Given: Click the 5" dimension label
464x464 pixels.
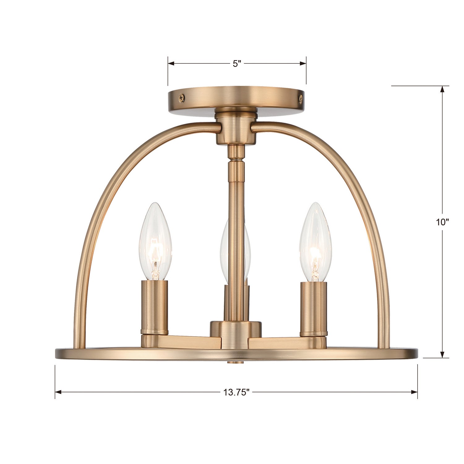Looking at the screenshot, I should [237, 64].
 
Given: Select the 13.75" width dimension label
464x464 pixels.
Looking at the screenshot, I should [237, 392].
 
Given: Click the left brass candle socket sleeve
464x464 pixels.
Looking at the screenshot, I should [155, 306].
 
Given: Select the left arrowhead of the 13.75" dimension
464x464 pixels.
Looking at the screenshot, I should [58, 392].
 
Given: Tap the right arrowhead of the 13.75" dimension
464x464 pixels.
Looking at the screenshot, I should [415, 392].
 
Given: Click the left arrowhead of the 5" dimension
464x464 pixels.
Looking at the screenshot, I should [171, 64].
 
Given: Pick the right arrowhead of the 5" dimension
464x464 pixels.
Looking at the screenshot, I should [303, 64].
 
